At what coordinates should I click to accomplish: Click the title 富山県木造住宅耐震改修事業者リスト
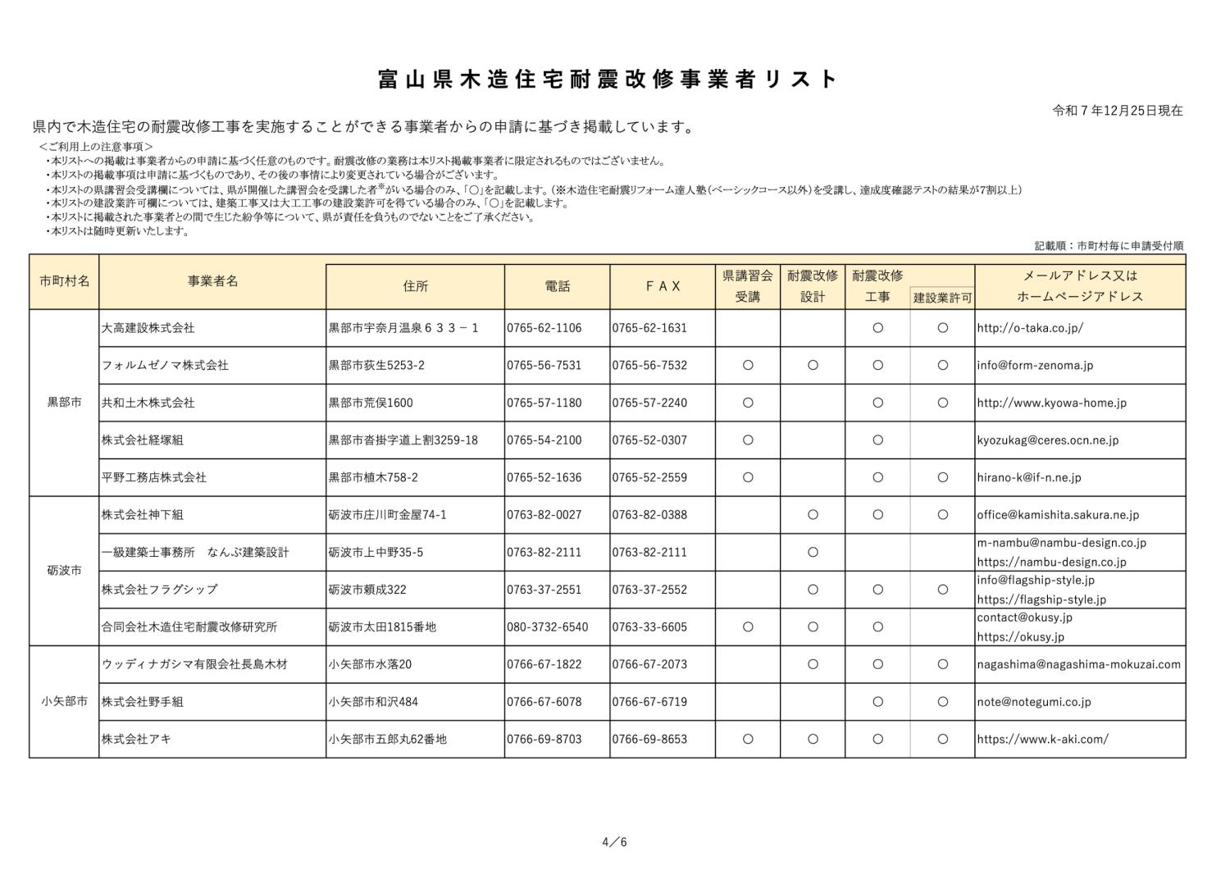pos(608,80)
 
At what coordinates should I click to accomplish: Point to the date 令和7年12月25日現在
pos(1117,111)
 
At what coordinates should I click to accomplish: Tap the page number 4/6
pos(614,842)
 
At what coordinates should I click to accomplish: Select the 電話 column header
pos(557,286)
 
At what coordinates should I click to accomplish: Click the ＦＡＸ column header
pos(663,286)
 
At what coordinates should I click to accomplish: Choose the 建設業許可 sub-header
pos(942,298)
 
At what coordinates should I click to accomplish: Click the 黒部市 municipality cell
pos(64,403)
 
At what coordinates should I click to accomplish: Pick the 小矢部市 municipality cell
pos(64,702)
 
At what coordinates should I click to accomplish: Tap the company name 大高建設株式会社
pos(148,328)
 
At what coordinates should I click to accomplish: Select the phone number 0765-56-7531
pos(544,366)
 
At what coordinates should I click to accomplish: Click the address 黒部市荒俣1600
pos(371,403)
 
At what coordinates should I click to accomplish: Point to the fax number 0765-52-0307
pos(649,440)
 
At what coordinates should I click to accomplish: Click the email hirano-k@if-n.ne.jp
pos(1028,477)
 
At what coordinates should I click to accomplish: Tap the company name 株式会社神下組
pos(142,515)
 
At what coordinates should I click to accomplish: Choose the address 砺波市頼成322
pos(367,590)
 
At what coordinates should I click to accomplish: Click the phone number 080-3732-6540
pos(547,627)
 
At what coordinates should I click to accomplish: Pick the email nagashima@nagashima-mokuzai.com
pos(1078,664)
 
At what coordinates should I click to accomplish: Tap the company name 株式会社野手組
pos(142,702)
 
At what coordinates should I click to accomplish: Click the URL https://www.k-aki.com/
pos(1042,739)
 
